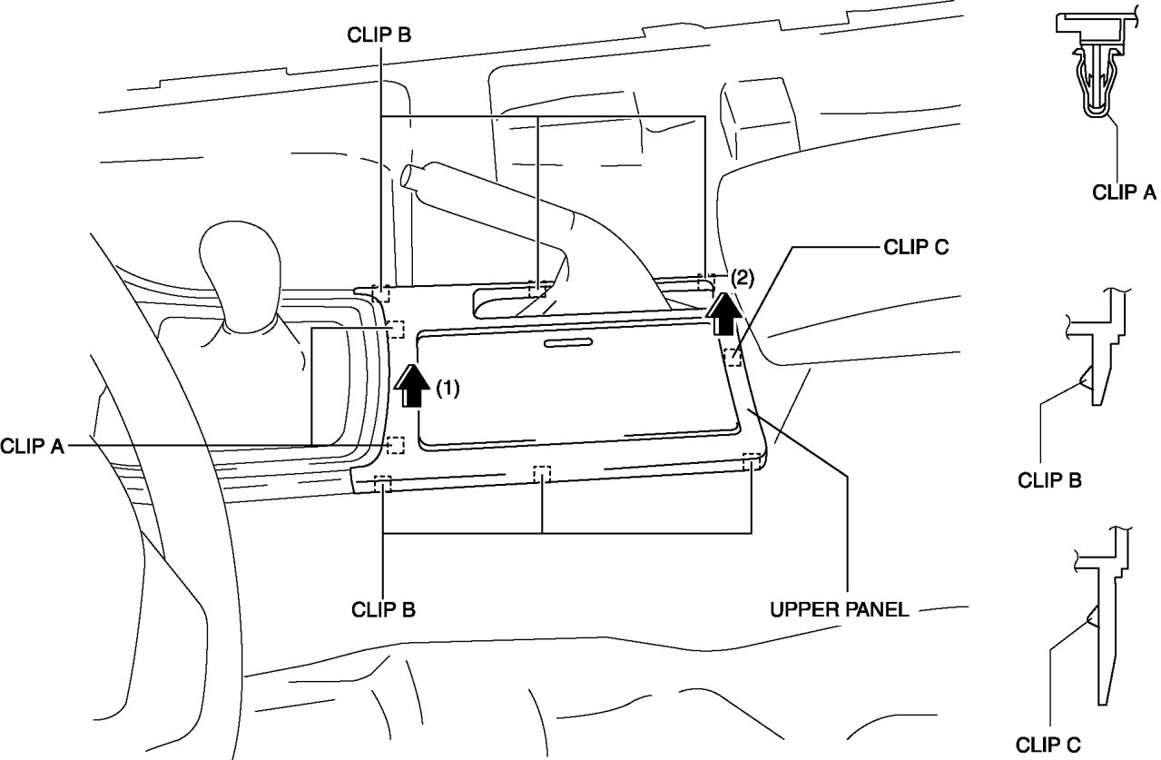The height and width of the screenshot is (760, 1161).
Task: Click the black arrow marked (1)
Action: pyautogui.click(x=413, y=388)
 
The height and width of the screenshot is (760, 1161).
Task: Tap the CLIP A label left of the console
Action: pyautogui.click(x=32, y=446)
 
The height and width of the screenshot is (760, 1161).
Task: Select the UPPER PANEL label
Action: pyautogui.click(x=838, y=609)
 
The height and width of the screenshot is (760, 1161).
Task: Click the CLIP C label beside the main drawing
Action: pyautogui.click(x=915, y=248)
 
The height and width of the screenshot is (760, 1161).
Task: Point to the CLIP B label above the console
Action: pyautogui.click(x=379, y=35)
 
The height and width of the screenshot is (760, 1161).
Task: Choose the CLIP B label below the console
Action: pyautogui.click(x=384, y=608)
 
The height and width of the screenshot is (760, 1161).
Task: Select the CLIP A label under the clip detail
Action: pyautogui.click(x=1124, y=192)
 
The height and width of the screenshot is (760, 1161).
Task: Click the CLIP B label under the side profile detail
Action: pyautogui.click(x=1049, y=480)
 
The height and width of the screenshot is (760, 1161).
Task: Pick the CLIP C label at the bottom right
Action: pyautogui.click(x=1048, y=745)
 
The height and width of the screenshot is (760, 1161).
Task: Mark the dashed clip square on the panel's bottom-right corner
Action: pyautogui.click(x=751, y=462)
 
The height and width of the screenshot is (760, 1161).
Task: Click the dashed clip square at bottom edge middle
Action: pyautogui.click(x=542, y=475)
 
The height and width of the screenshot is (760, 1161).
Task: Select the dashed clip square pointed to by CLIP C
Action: pyautogui.click(x=733, y=358)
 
